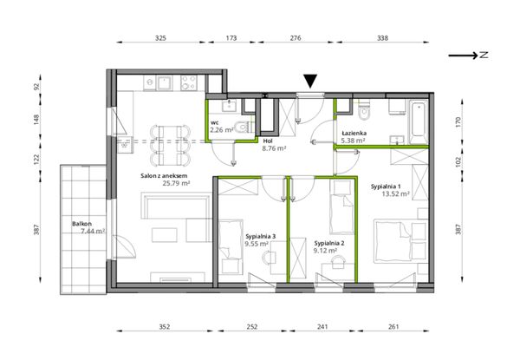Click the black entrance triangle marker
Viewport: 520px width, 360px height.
[310, 81]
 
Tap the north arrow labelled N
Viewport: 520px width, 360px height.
[468, 56]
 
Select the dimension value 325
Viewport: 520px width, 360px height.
[160, 38]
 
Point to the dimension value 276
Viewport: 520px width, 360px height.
[296, 38]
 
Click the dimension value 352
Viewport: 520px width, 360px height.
[165, 326]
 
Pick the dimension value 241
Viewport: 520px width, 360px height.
[322, 326]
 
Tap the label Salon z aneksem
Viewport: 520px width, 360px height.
[164, 176]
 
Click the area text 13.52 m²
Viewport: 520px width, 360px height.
[395, 194]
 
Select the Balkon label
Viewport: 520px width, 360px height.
[81, 224]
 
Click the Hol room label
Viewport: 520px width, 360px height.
[267, 141]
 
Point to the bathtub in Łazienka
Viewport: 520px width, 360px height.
[419, 122]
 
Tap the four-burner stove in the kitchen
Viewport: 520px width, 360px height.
[189, 82]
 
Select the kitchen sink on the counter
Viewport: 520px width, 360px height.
[165, 82]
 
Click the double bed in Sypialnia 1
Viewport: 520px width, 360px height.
[400, 241]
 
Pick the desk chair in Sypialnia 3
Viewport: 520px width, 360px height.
[270, 257]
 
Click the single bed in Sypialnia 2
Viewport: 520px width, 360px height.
[341, 207]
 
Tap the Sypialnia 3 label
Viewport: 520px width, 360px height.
[261, 237]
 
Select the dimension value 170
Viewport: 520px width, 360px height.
[458, 121]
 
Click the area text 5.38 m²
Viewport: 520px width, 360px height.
[354, 141]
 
